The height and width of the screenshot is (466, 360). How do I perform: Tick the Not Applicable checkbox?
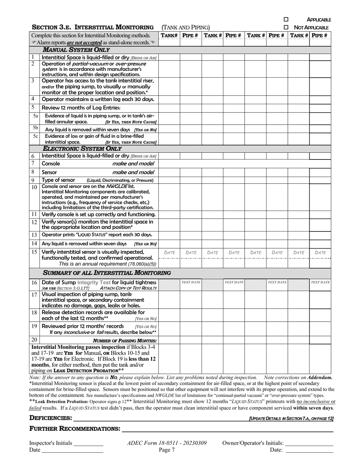click(x=286, y=27)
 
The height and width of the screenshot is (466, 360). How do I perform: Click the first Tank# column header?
click(x=169, y=35)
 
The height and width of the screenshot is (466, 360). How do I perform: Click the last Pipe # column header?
click(x=320, y=35)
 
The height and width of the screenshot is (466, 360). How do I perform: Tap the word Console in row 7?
click(x=50, y=164)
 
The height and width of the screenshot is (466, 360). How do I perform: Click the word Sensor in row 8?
click(x=49, y=172)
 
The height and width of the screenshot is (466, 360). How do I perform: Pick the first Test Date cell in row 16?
click(x=191, y=282)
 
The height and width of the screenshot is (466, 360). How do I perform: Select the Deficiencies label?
click(x=50, y=418)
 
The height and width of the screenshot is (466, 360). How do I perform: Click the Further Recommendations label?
click(x=75, y=429)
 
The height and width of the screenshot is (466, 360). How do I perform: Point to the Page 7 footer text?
click(x=167, y=450)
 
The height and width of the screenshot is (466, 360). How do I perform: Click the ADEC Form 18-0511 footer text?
click(x=167, y=443)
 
